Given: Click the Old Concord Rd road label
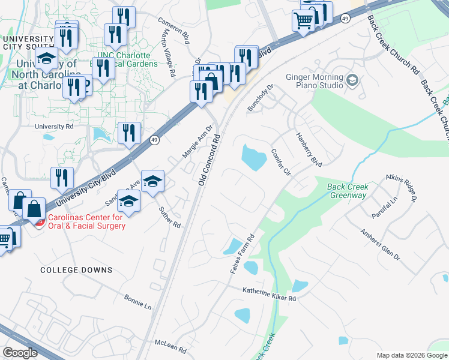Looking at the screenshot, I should pos(209,160).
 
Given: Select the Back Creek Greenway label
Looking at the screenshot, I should pos(348,191).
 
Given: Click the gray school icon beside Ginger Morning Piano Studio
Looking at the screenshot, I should pos(353,80).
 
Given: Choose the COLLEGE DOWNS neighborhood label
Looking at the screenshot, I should pos(76,270).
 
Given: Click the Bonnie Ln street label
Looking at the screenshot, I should pos(138,302).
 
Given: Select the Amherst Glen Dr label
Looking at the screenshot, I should pos(380,244).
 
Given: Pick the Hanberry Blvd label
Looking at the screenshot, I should pos(309,149).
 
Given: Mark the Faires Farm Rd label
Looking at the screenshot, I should pos(243,255).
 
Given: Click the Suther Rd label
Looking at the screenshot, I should pos(170,218).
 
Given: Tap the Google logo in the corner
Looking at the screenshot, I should pos(20,353).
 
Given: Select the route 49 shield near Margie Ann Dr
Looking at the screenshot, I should pos(154,140).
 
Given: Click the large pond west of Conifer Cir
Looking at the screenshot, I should pos(255,157).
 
